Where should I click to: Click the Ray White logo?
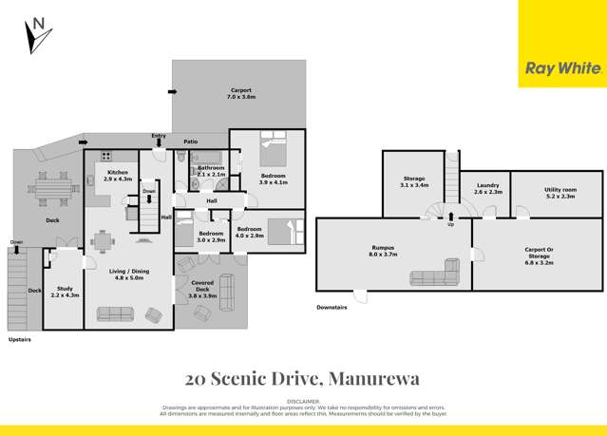click(x=563, y=67)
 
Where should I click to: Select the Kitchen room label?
click(x=118, y=176)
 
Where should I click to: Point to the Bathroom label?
click(x=211, y=171)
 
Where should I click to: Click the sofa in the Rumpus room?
click(x=435, y=274)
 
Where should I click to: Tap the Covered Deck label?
click(x=202, y=293)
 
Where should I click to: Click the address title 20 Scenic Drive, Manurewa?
click(x=303, y=378)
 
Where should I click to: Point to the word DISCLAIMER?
click(x=303, y=402)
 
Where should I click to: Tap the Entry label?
click(x=159, y=137)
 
